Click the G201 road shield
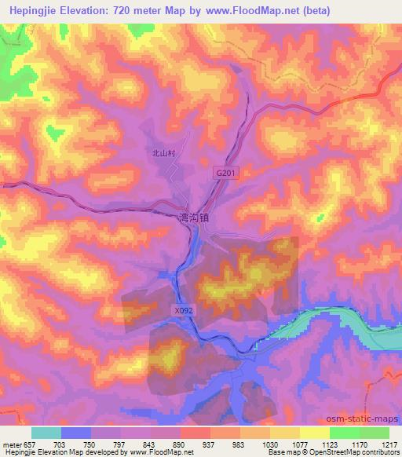[x=225, y=171]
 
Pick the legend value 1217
[x=390, y=444]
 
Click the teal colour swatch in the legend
[x=46, y=433]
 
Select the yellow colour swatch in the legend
[x=314, y=433]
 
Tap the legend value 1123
[x=330, y=444]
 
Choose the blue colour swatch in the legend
[x=75, y=433]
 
